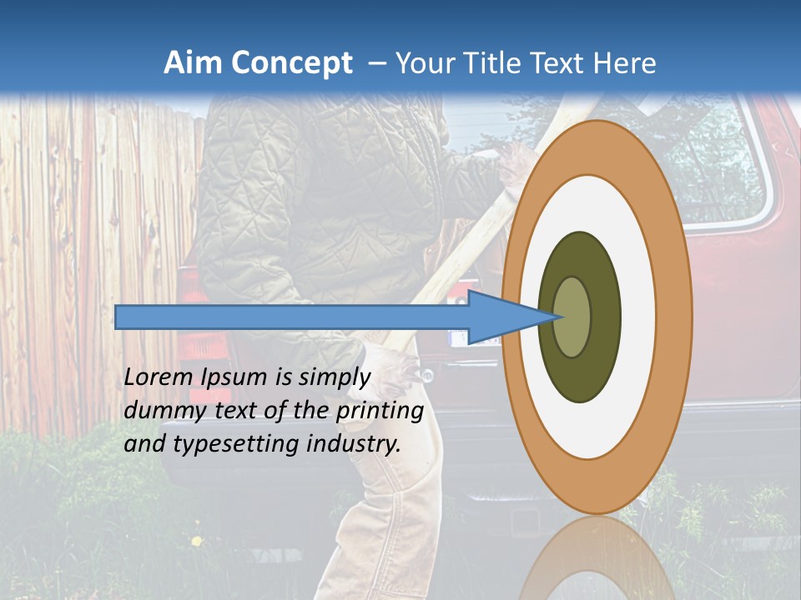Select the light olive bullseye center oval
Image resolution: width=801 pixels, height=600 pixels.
573,317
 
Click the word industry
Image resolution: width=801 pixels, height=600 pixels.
354,443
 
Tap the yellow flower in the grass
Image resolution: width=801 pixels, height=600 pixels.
197,542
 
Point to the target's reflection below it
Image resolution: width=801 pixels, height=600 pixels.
597,558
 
